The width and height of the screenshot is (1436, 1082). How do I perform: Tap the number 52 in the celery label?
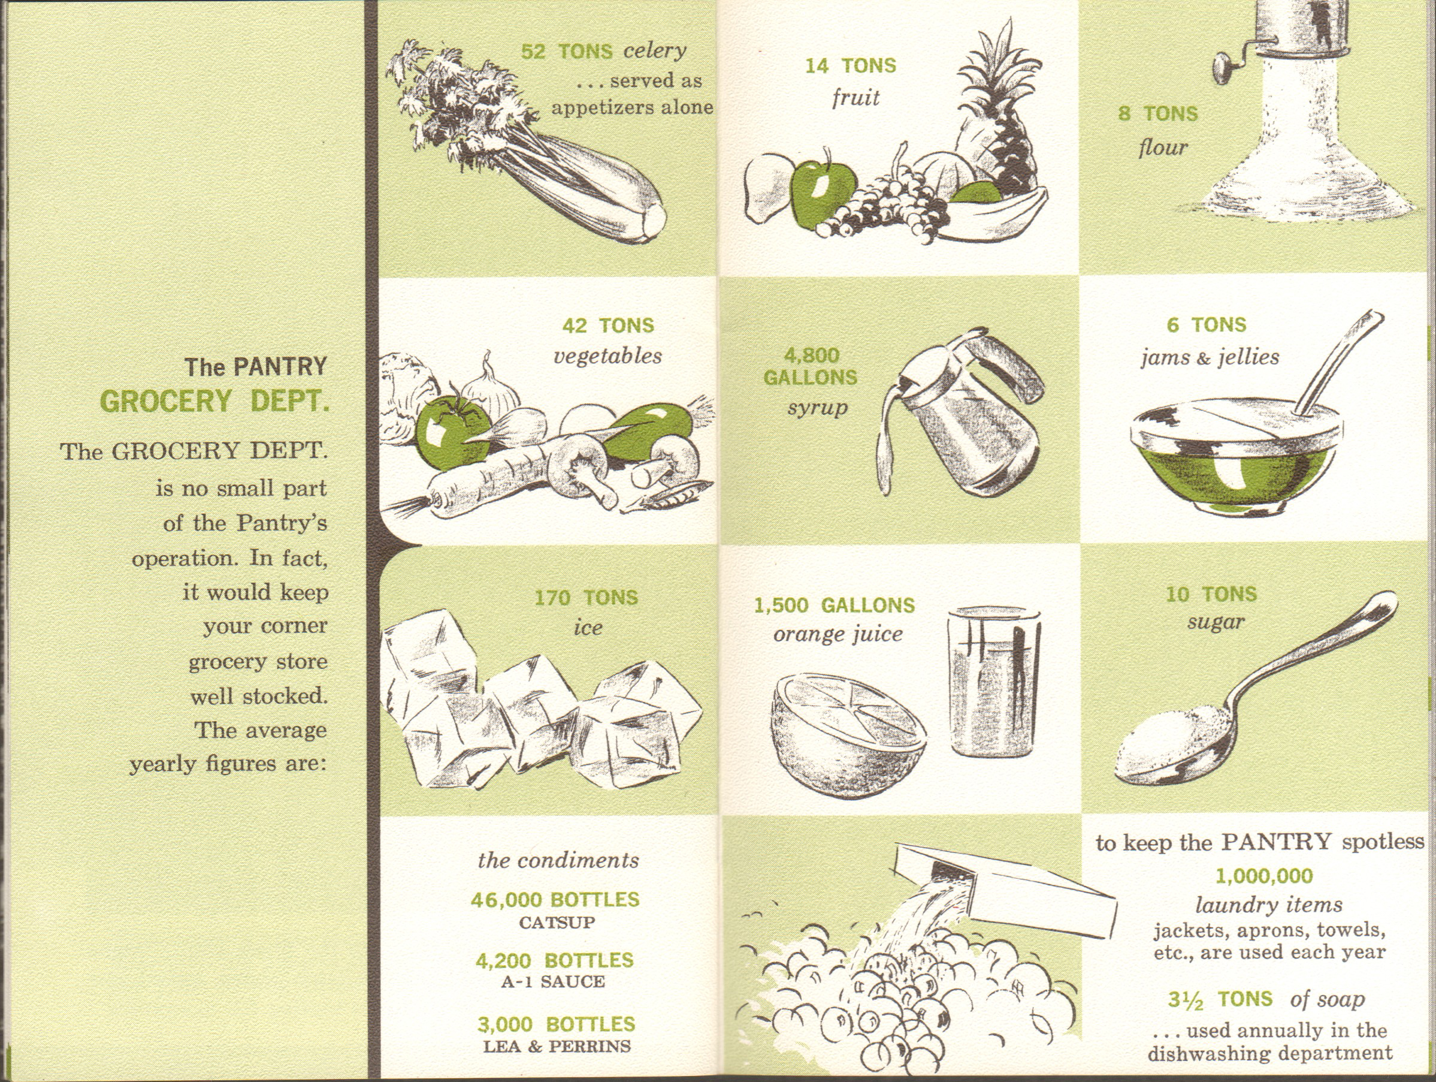point(533,52)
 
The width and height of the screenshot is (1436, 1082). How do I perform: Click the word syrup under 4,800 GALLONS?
point(818,408)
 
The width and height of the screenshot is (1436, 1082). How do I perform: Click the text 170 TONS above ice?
point(587,598)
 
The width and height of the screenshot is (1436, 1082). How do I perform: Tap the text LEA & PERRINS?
point(557,1046)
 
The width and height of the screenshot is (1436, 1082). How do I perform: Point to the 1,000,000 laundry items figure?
point(1264,877)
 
